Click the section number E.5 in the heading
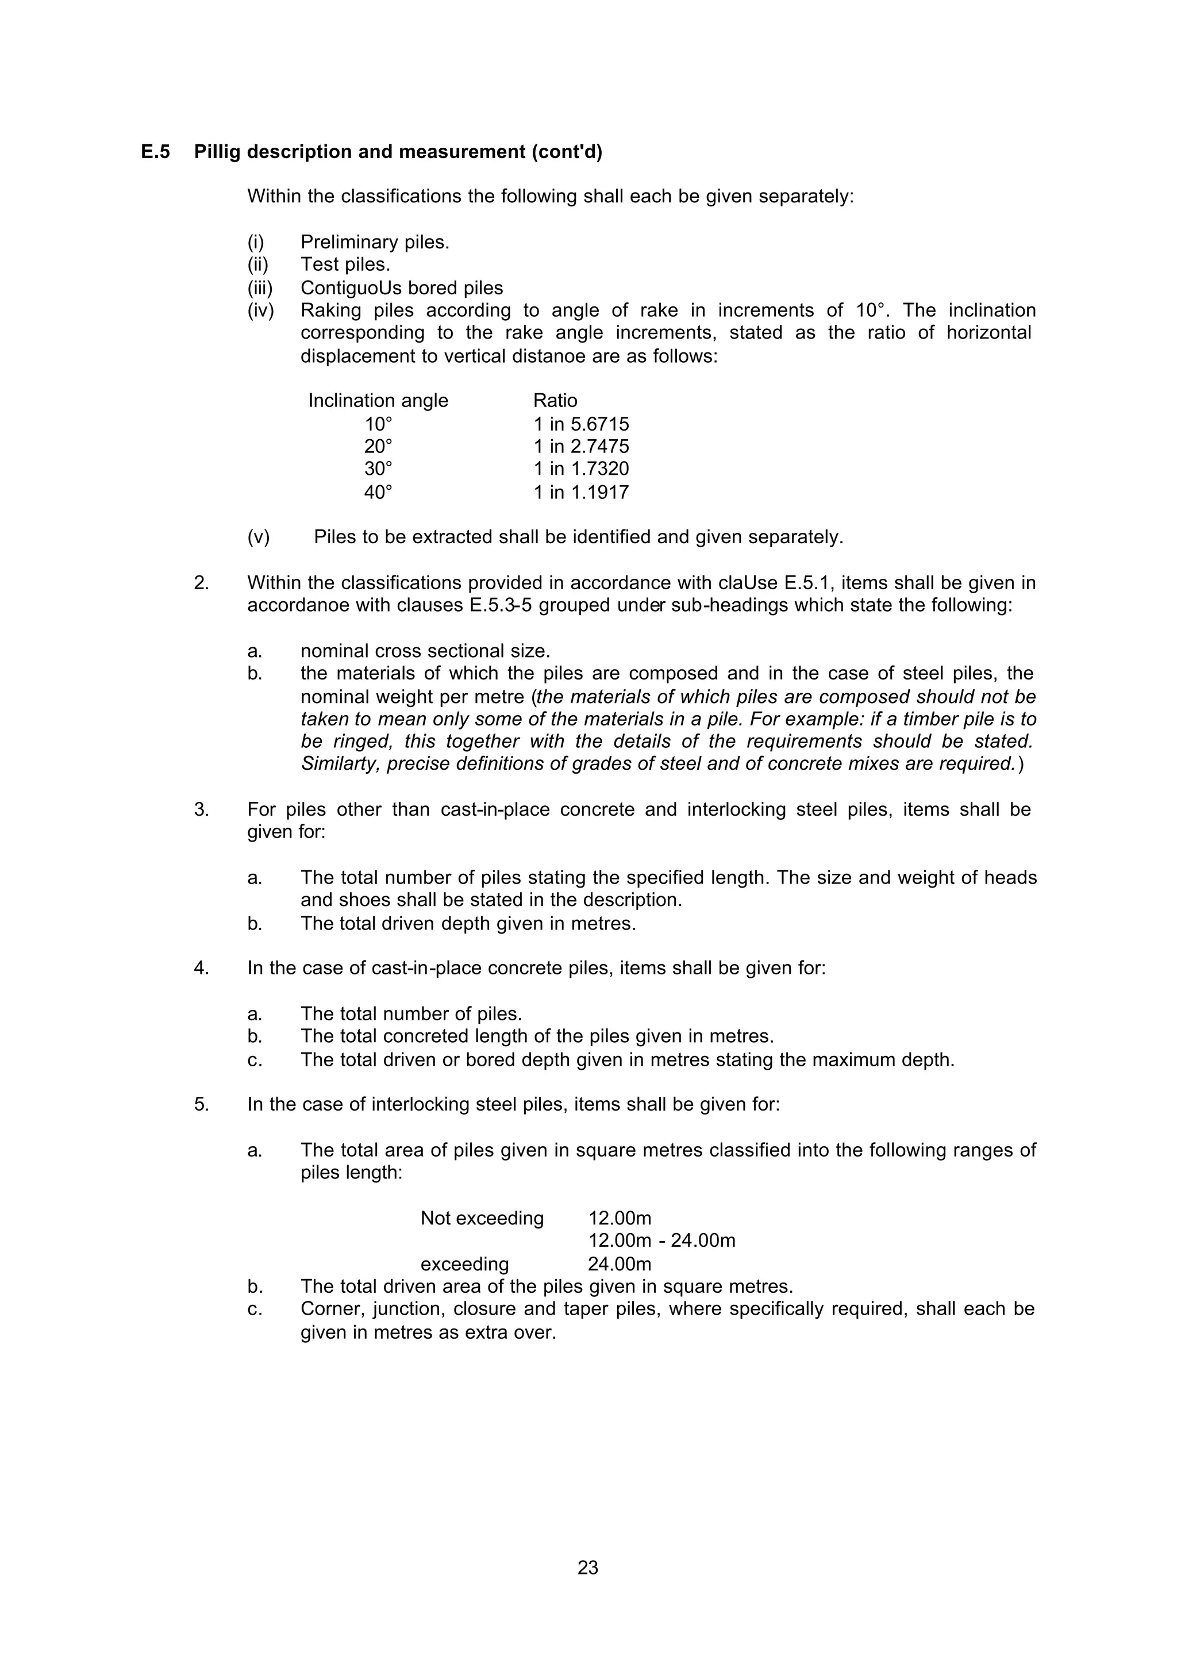point(155,152)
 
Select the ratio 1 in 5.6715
point(581,424)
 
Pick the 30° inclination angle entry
point(378,469)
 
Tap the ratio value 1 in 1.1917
point(581,493)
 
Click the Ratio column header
point(555,401)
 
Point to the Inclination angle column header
point(378,401)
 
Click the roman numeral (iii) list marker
point(259,289)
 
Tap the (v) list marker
point(258,537)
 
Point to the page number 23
point(588,1568)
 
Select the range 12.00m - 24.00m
point(661,1240)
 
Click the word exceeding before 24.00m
point(464,1264)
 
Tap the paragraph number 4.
point(201,968)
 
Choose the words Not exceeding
point(482,1218)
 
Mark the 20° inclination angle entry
point(378,447)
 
